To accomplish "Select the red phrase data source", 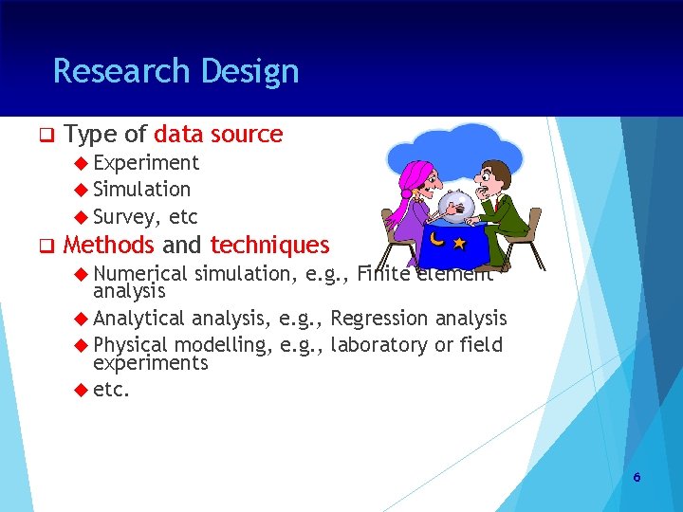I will click(218, 135).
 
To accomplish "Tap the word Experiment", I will click(146, 163).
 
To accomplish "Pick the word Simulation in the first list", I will click(141, 190).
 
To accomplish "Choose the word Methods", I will click(108, 246).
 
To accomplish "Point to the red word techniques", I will click(269, 246).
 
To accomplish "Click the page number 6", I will click(637, 477).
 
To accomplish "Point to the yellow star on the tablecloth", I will click(459, 244).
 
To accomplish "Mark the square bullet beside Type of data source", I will click(44, 136).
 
